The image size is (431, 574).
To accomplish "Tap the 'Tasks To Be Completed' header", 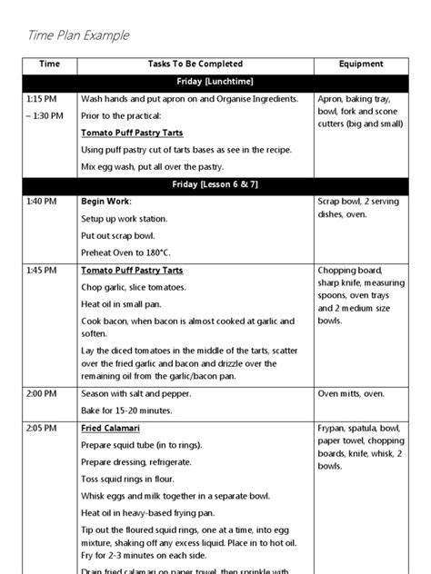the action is [195, 64].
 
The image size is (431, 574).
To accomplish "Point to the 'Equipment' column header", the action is [361, 64].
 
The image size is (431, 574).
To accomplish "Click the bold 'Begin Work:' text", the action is [106, 202].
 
